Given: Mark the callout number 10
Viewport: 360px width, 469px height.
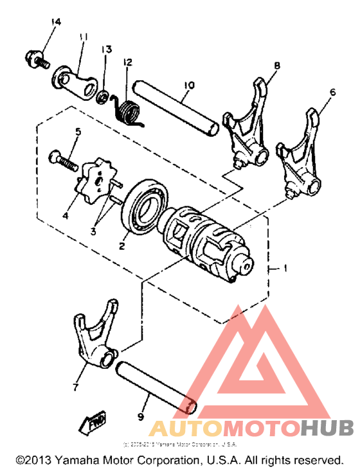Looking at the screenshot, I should (188, 85).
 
